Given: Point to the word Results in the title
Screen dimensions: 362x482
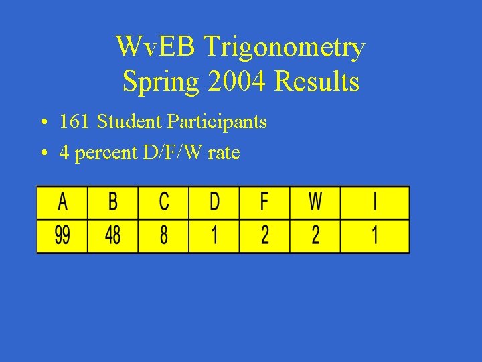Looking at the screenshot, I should (317, 82).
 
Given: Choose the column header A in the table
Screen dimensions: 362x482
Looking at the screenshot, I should (62, 202).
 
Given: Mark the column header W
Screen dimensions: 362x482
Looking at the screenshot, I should (315, 202).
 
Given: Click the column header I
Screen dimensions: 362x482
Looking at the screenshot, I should (375, 202).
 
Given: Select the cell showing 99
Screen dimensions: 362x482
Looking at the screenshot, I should (62, 236).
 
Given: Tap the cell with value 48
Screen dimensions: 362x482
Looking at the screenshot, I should (113, 236).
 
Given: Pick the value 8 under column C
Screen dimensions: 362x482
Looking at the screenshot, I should (163, 236).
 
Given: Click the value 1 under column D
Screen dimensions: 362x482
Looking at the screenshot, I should (214, 236).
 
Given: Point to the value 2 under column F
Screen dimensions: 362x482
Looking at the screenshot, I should (265, 236).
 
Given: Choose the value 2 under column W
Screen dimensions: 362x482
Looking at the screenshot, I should (315, 236).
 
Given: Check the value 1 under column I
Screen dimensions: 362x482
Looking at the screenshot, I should (375, 236).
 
